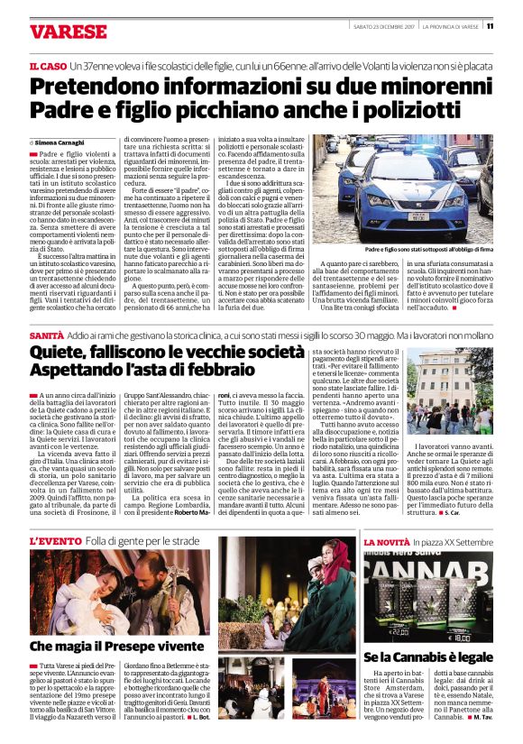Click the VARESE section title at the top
click(x=68, y=32)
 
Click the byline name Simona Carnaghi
click(x=58, y=143)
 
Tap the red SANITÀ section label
click(x=47, y=335)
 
